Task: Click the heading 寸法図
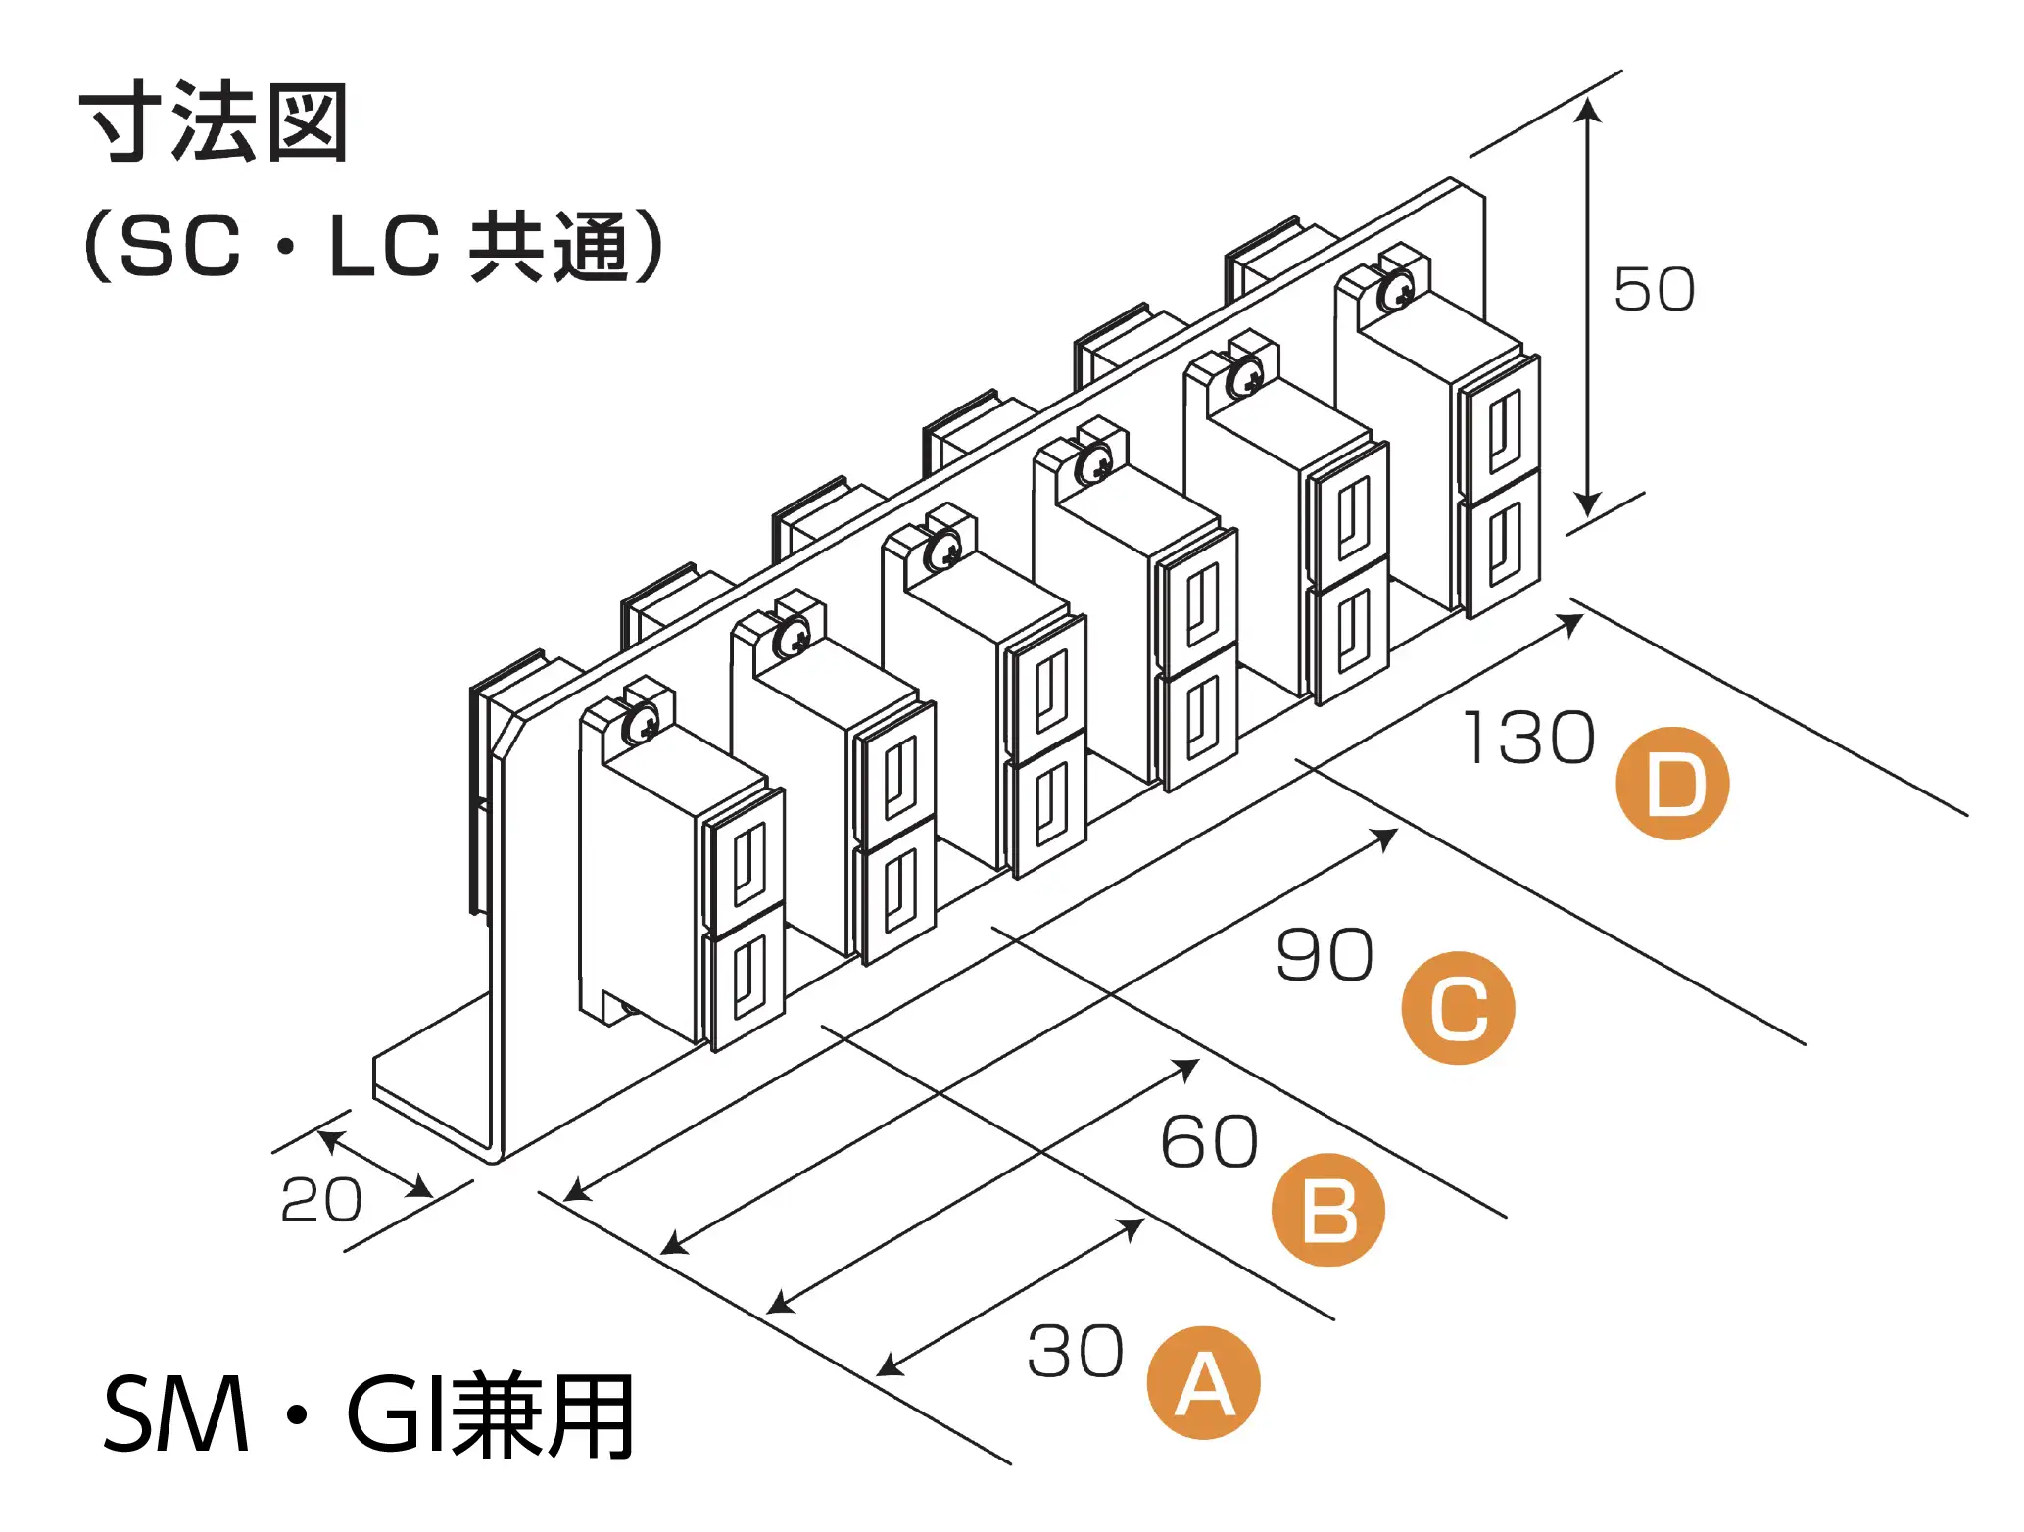[214, 123]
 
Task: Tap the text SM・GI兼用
[368, 1416]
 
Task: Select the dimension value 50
[1654, 290]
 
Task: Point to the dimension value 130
[1528, 739]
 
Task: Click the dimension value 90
[1325, 955]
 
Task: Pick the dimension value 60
[1209, 1142]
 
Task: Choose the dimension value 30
[1075, 1353]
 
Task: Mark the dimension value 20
[321, 1200]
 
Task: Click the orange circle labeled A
[1203, 1383]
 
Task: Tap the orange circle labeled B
[1327, 1210]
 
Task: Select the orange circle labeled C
[1458, 1008]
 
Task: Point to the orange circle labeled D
[1672, 784]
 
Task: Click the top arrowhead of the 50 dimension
[1588, 108]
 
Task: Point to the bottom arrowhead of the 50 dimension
[1588, 505]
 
